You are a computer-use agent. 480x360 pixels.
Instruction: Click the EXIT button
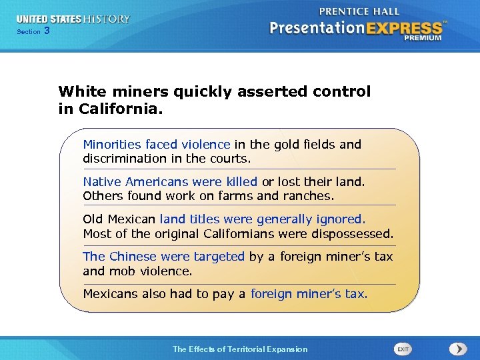click(403, 349)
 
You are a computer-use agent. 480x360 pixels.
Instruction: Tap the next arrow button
click(458, 349)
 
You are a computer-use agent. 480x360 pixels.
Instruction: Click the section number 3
click(47, 31)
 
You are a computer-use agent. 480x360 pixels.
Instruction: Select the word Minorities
click(112, 144)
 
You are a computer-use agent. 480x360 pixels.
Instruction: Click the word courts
click(230, 159)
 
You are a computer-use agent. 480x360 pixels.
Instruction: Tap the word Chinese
click(133, 257)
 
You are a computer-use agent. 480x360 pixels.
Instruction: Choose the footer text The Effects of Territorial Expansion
click(240, 349)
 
